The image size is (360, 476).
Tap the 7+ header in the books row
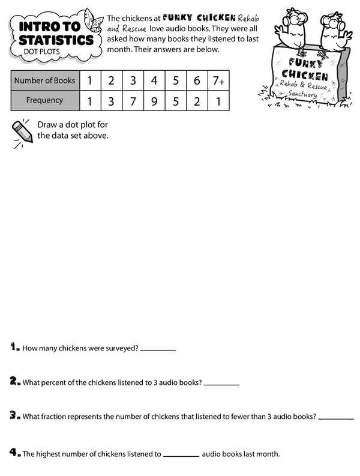(x=218, y=80)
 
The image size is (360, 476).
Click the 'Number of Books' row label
(x=44, y=80)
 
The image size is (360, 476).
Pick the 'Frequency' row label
(x=44, y=100)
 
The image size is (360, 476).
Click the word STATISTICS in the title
(x=55, y=40)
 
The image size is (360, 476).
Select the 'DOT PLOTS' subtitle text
(x=40, y=52)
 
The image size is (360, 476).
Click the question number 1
(x=14, y=347)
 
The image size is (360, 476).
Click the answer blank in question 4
(x=181, y=456)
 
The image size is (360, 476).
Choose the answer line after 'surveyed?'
(x=158, y=349)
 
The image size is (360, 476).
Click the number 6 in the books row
(x=197, y=80)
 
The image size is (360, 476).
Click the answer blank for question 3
(x=336, y=418)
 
